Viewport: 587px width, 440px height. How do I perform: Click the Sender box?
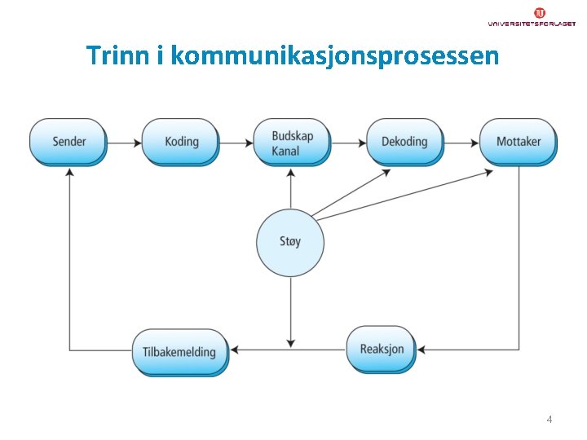click(68, 141)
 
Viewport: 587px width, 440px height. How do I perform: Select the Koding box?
click(181, 141)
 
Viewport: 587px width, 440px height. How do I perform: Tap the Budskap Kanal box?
click(291, 142)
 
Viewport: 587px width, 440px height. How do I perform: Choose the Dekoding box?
click(404, 141)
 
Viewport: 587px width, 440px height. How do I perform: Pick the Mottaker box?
click(518, 141)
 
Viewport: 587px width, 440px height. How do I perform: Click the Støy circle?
click(290, 242)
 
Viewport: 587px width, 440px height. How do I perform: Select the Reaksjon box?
click(382, 349)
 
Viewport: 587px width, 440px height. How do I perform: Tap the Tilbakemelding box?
click(180, 352)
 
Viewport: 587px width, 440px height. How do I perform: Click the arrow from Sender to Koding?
click(125, 143)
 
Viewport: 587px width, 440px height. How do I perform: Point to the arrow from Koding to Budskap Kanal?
click(236, 143)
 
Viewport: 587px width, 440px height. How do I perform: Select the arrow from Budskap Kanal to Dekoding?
click(348, 143)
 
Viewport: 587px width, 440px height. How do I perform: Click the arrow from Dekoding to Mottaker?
click(461, 143)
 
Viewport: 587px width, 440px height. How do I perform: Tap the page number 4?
click(549, 420)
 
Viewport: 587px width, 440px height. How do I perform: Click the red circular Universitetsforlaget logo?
click(540, 12)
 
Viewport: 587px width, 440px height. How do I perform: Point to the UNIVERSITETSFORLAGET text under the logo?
click(532, 24)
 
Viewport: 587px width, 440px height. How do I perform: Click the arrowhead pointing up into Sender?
click(69, 174)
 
